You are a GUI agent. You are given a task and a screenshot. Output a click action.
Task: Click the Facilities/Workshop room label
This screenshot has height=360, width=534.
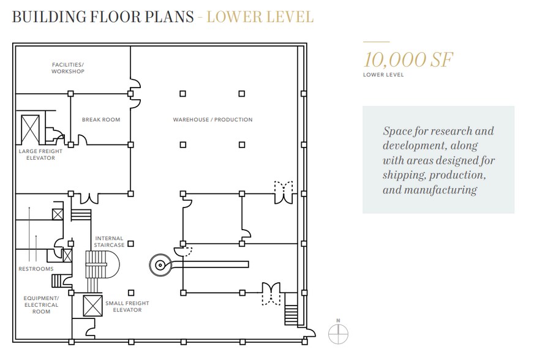tap(68, 68)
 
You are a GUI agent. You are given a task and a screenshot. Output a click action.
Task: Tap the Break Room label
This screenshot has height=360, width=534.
tap(101, 119)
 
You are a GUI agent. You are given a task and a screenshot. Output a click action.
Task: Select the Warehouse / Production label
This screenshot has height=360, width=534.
tap(213, 119)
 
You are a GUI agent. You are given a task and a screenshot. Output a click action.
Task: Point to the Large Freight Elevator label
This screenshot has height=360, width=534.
tap(40, 154)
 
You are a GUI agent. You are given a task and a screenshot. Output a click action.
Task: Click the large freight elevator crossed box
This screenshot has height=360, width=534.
tap(30, 129)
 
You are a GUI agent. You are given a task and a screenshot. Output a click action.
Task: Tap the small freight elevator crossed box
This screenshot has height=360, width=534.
tap(92, 306)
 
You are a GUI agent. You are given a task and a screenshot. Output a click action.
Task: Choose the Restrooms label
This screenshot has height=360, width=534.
tap(36, 269)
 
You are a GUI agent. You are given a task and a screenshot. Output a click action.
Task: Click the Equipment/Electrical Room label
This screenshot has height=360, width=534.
tap(41, 305)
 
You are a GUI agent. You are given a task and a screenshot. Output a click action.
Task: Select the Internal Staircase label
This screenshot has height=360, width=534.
tap(109, 241)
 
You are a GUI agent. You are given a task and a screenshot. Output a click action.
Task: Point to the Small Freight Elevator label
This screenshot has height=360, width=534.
tap(127, 306)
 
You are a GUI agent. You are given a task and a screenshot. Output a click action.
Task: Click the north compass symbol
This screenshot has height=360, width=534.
tap(338, 332)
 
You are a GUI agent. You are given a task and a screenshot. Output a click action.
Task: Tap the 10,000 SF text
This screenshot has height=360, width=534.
tap(408, 59)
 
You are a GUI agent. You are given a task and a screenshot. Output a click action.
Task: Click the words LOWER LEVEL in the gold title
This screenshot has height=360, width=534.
tap(260, 17)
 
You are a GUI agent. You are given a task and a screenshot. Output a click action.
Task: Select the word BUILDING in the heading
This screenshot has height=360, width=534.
tap(50, 17)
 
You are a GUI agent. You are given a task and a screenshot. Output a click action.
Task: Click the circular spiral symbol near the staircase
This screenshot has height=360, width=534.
tap(160, 264)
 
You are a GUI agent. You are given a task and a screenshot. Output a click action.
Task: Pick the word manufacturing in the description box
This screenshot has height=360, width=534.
tap(440, 190)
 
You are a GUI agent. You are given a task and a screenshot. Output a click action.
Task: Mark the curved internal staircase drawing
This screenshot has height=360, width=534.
tap(102, 269)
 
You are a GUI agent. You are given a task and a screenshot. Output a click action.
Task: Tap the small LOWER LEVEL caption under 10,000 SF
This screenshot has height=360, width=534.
tap(383, 75)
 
